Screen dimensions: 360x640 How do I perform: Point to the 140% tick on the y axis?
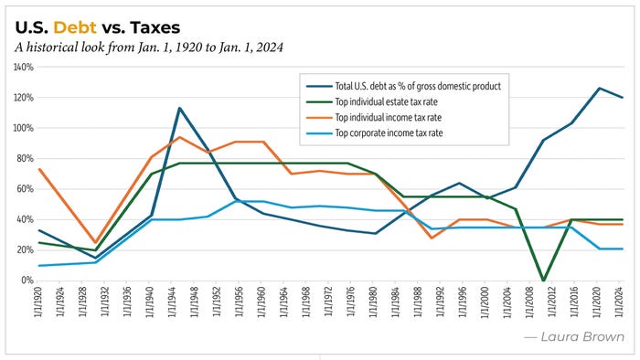point(21,67)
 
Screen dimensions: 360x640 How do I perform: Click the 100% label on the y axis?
point(21,128)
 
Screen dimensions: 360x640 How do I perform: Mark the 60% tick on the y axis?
point(23,189)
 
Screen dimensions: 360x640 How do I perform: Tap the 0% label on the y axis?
point(26,281)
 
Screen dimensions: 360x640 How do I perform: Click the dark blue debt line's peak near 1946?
point(179,108)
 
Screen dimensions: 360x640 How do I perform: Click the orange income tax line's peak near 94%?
point(179,137)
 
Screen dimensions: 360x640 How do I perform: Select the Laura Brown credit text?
point(574,336)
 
